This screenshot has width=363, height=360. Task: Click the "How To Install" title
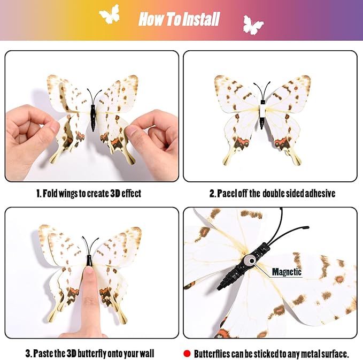point(179,19)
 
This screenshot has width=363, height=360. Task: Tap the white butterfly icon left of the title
point(110,14)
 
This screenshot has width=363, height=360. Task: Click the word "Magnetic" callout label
point(287,272)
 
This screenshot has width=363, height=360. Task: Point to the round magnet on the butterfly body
point(251,261)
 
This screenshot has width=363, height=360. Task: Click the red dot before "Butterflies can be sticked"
point(187,354)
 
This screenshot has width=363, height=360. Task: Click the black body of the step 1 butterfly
point(93,118)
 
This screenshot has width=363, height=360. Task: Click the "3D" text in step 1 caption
point(115,194)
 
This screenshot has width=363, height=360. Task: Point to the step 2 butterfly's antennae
point(262,90)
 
